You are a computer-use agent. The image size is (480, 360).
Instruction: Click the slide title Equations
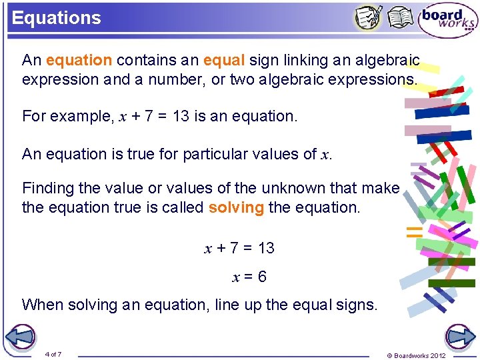56,18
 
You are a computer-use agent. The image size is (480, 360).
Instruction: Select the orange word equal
224,61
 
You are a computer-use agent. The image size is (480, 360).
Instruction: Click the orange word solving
236,207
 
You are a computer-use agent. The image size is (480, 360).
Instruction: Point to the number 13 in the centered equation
266,248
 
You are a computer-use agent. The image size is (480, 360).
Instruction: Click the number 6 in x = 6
262,277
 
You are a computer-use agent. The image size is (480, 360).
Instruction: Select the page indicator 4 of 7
53,354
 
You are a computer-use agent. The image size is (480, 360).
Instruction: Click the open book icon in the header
400,18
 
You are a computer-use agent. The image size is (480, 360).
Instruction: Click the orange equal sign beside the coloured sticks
415,232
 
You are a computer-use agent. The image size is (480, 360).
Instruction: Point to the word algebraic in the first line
387,61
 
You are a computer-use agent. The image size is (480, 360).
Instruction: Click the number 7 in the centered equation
233,248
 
